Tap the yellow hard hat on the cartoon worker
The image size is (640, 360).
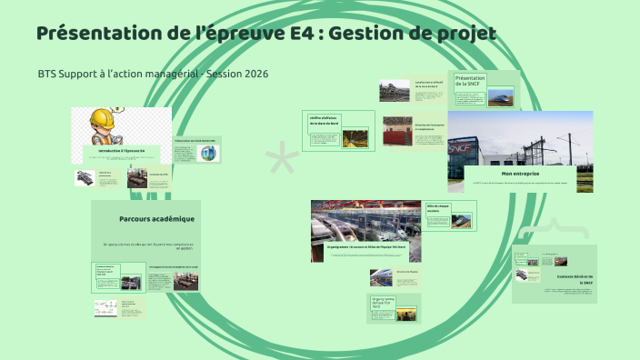(x=102, y=118)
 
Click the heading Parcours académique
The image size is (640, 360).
(x=156, y=219)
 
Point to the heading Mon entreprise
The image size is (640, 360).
(x=520, y=173)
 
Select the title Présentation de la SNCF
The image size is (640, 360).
(x=470, y=82)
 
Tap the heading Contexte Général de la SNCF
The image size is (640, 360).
(x=575, y=279)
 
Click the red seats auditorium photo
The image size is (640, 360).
(x=398, y=131)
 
